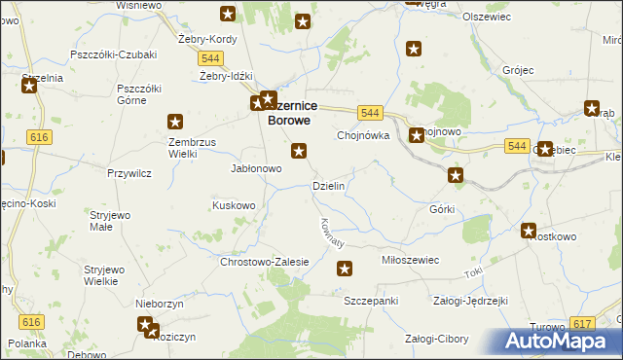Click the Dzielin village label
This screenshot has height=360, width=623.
[328, 186]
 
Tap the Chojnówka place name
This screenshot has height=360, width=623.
[363, 136]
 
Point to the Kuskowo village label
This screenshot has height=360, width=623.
[234, 205]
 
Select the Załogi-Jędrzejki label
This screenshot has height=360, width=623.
[471, 302]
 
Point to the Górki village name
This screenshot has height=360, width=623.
[442, 209]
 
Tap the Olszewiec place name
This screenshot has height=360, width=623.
[514, 18]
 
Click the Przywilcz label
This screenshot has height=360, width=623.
[128, 173]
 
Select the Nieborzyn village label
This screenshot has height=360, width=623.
[161, 304]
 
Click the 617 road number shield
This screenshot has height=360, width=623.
[583, 324]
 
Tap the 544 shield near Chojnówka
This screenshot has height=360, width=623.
[368, 114]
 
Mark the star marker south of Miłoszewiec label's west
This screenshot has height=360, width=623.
[344, 269]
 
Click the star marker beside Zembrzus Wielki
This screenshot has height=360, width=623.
[175, 122]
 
